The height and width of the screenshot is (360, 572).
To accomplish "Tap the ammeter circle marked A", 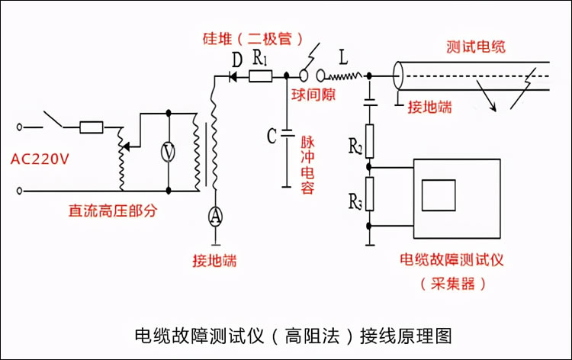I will (215, 216).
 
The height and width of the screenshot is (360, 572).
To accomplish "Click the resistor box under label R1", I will (261, 76).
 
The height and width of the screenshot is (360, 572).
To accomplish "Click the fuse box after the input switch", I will (92, 126).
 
